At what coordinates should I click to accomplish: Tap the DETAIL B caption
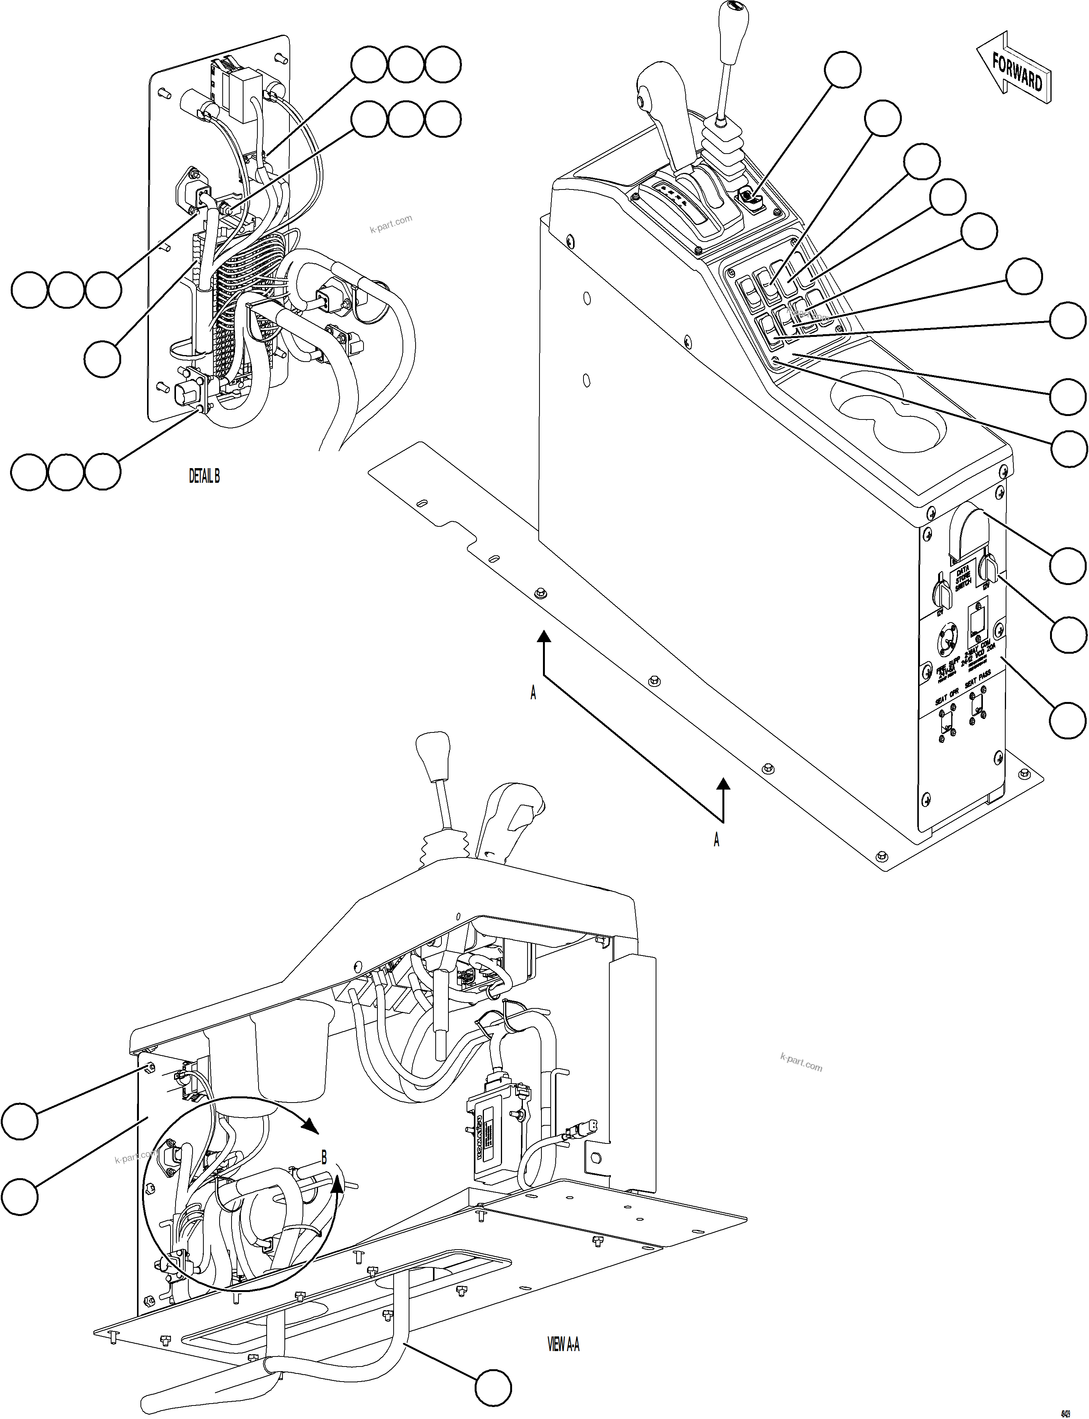coord(204,477)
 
